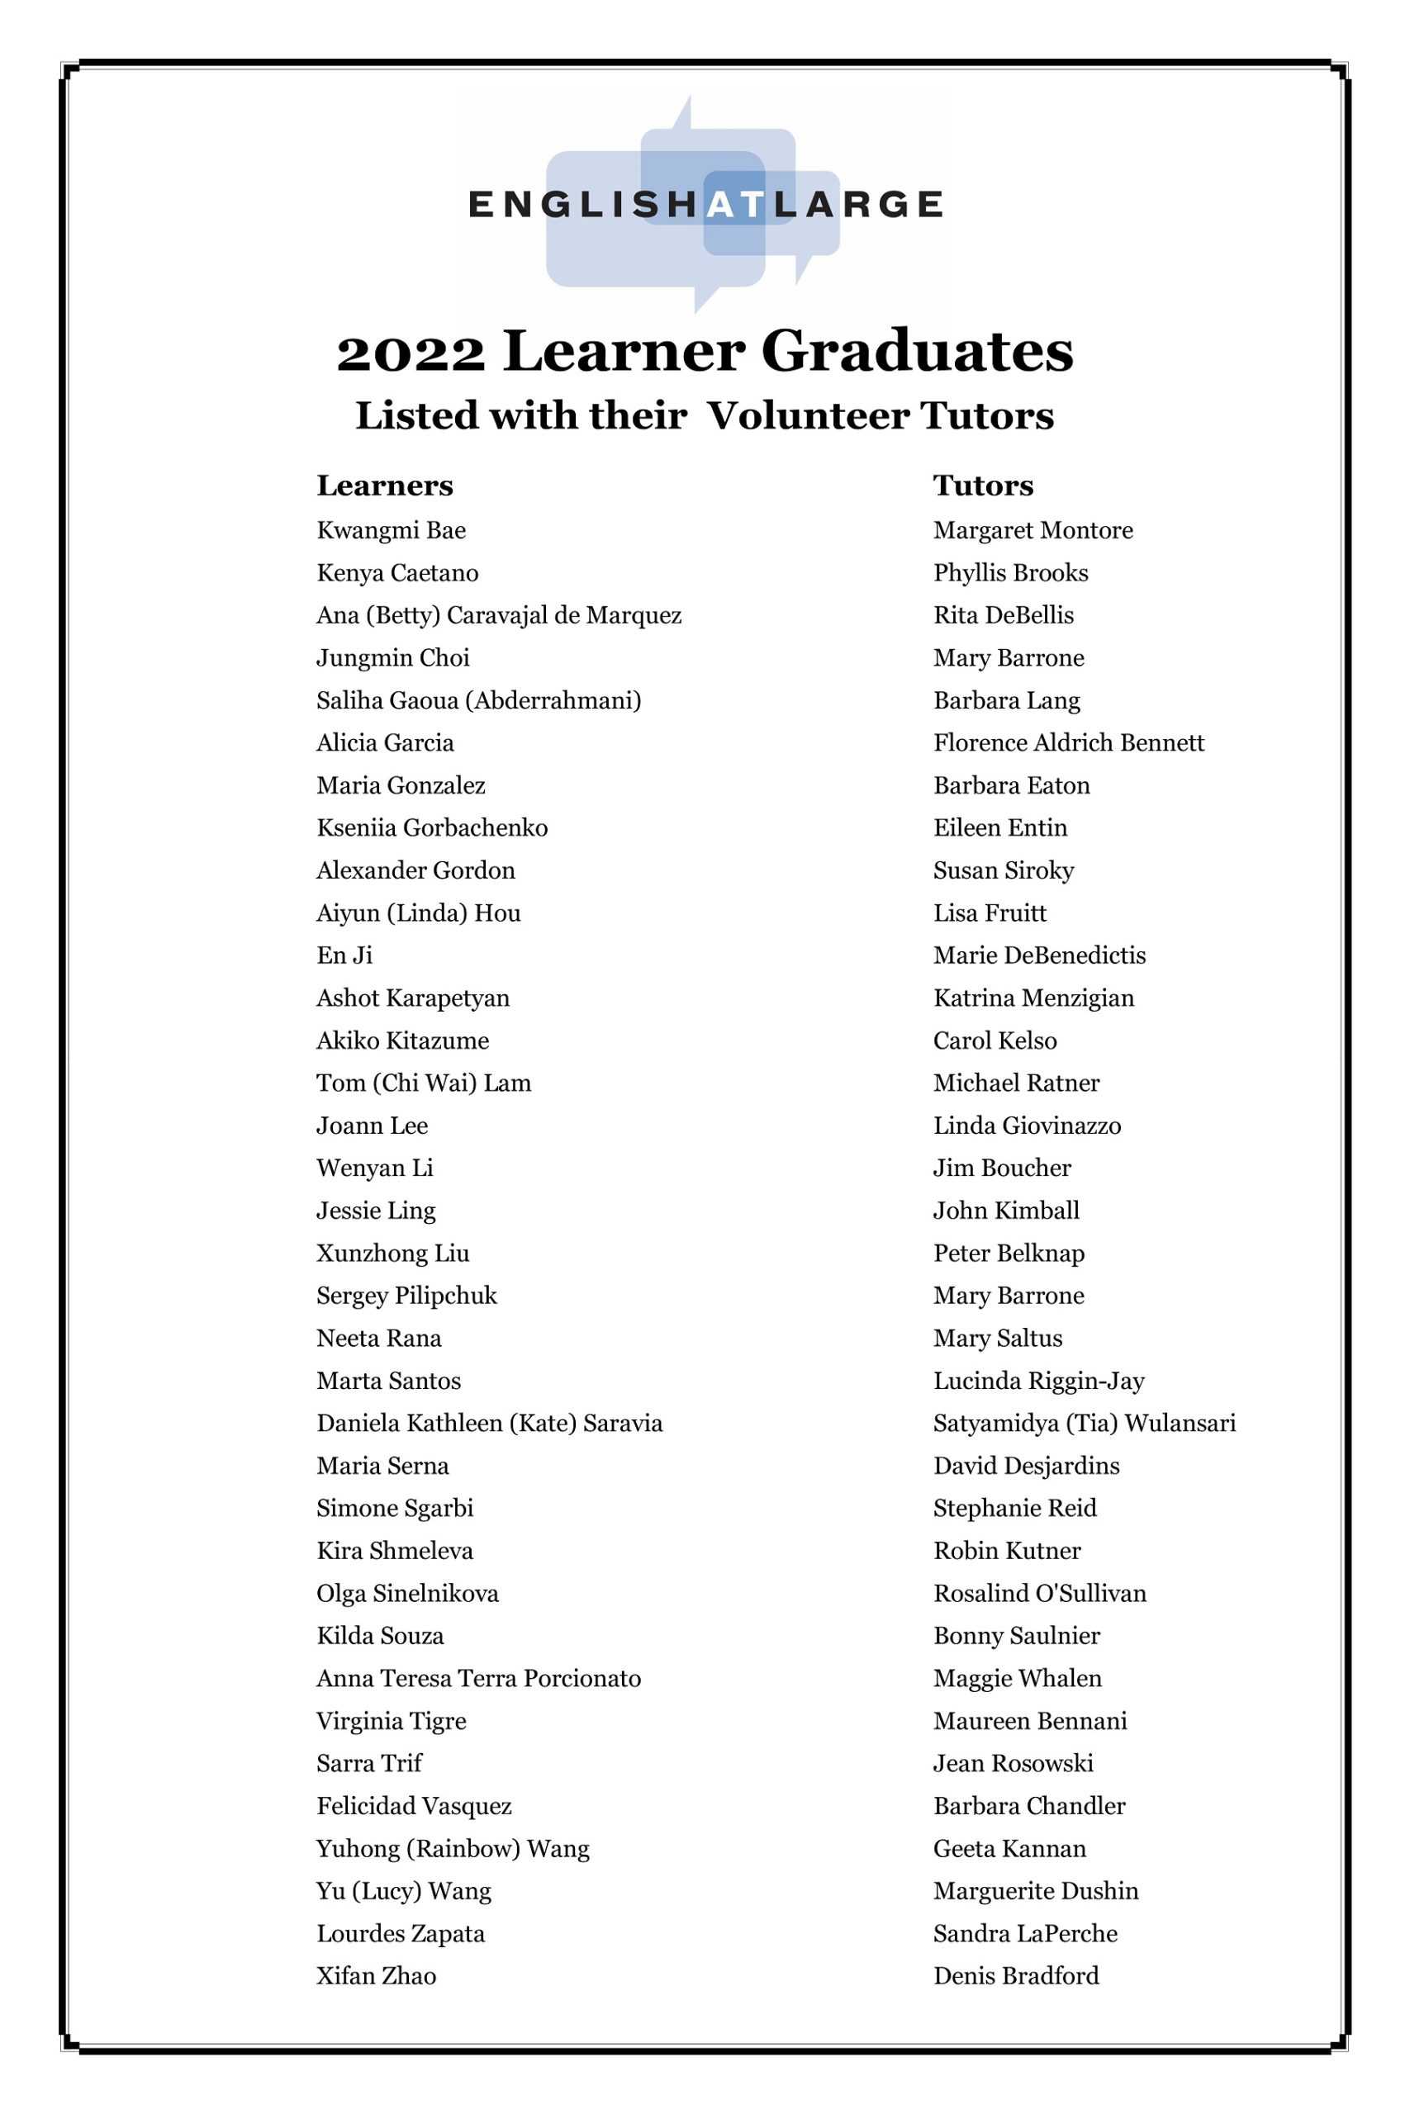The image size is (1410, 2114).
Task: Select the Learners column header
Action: (x=385, y=486)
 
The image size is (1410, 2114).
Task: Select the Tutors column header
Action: (x=983, y=486)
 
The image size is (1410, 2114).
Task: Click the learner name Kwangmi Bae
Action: (x=392, y=530)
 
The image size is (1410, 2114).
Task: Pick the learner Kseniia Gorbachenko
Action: (x=432, y=827)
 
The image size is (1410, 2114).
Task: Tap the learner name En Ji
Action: (x=344, y=955)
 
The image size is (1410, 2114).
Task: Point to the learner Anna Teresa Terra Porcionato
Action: (x=478, y=1678)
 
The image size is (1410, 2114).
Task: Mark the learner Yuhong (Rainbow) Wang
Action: (x=453, y=1849)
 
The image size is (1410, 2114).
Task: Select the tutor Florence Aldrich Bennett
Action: (x=1068, y=742)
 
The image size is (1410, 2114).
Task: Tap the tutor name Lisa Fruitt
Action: (x=990, y=913)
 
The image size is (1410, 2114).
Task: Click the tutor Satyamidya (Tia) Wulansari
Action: (x=1085, y=1423)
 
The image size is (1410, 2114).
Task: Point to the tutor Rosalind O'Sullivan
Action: (x=1039, y=1594)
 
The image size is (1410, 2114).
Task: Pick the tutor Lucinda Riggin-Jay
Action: (x=1038, y=1381)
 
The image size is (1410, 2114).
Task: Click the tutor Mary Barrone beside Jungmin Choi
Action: (x=1008, y=658)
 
